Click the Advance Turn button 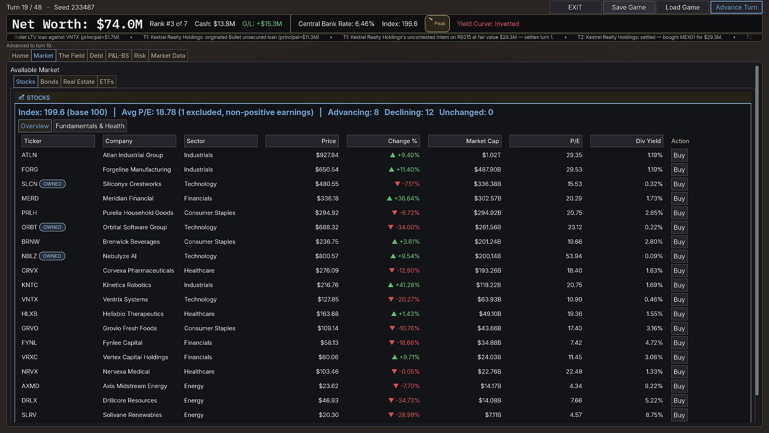[736, 7]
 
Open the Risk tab [140, 56]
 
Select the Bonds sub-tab [49, 82]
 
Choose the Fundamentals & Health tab [90, 126]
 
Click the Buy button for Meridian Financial [679, 198]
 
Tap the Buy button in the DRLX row [679, 401]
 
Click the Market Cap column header [465, 141]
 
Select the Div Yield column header [627, 141]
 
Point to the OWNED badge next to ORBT [52, 227]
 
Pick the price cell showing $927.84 [327, 155]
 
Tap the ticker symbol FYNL [29, 343]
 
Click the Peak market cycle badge [437, 24]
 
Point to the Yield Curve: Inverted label [488, 24]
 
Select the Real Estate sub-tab [79, 82]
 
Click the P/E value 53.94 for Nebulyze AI [574, 256]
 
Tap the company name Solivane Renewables [132, 415]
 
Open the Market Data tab [168, 56]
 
